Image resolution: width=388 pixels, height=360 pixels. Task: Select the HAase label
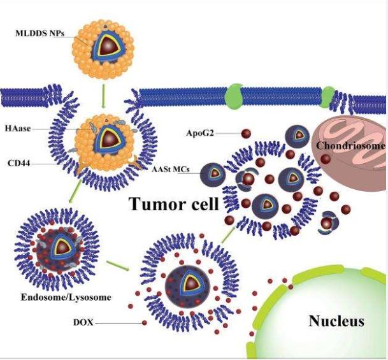tap(16, 129)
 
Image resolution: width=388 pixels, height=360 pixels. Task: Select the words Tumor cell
tap(173, 205)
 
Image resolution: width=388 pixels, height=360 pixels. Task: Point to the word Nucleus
tap(336, 320)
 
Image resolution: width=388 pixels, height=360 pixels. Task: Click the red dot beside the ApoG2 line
tap(245, 133)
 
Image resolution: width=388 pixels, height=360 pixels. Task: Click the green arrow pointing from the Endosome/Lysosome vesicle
tap(119, 264)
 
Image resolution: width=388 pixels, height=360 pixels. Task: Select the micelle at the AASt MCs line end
tap(212, 171)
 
